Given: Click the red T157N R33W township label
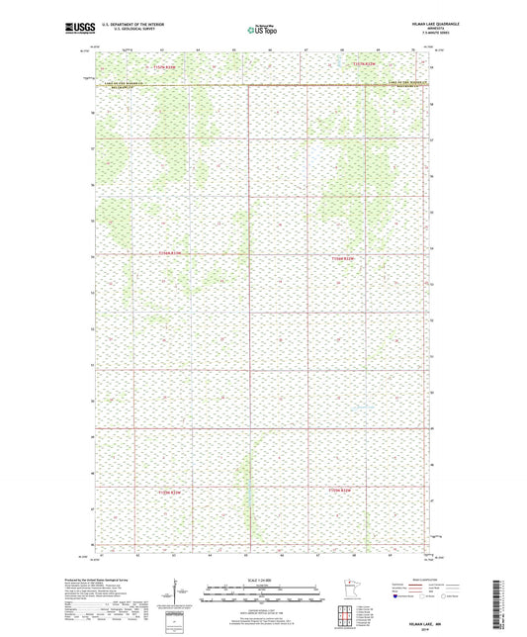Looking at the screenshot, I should [171, 66].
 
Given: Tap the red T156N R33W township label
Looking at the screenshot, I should [171, 256].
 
